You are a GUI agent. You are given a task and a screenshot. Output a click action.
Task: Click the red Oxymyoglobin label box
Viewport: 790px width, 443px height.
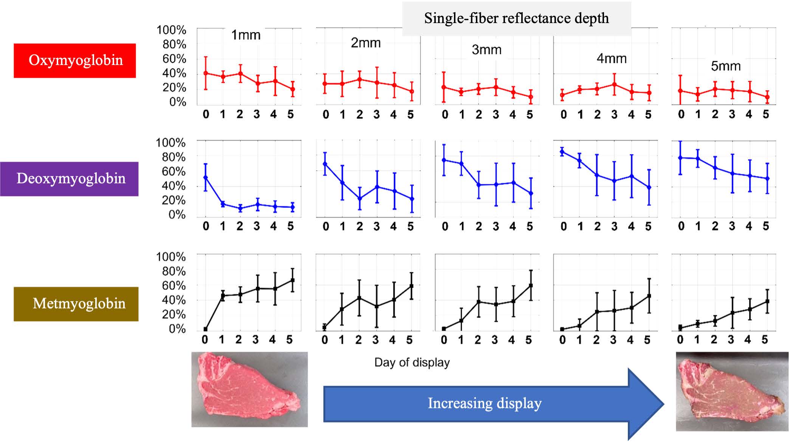click(x=75, y=60)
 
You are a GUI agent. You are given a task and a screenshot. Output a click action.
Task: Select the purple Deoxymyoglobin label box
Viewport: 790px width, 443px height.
click(x=70, y=179)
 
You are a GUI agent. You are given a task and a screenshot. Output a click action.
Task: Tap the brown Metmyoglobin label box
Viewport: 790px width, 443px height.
click(x=76, y=304)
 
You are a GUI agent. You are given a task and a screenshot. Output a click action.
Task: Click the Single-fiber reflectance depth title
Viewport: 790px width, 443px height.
click(x=516, y=19)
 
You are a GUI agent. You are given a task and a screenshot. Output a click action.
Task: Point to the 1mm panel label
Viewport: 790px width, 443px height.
click(x=246, y=35)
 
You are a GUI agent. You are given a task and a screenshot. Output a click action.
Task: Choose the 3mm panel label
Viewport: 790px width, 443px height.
click(x=486, y=50)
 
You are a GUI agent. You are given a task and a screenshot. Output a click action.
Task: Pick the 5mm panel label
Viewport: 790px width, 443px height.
click(x=725, y=66)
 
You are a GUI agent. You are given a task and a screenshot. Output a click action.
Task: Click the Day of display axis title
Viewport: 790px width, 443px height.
click(x=412, y=363)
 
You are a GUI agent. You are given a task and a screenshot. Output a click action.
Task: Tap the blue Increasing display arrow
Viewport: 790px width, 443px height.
click(x=491, y=403)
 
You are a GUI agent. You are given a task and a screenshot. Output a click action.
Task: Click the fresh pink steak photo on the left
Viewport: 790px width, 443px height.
click(x=249, y=389)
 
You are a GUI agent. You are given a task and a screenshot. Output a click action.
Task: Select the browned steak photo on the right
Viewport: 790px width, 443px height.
click(x=732, y=391)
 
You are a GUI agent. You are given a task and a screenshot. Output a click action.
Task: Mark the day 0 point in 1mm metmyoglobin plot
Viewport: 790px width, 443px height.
click(x=206, y=329)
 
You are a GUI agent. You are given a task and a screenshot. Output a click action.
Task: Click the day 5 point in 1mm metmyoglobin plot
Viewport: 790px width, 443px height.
click(x=292, y=280)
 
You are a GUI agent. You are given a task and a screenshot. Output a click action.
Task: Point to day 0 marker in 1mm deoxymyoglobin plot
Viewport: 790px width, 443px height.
click(x=206, y=177)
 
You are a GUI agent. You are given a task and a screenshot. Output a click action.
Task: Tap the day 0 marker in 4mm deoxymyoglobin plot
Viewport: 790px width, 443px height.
click(x=562, y=152)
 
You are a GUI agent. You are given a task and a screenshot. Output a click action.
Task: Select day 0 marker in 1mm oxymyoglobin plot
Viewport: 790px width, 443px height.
click(x=206, y=73)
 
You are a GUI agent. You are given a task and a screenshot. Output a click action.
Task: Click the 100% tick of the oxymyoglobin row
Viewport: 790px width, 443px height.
click(x=171, y=30)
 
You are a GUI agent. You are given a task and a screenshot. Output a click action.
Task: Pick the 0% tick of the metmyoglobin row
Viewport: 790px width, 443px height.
click(x=177, y=329)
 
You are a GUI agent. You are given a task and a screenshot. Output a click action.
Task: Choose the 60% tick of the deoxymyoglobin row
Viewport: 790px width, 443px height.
click(x=173, y=171)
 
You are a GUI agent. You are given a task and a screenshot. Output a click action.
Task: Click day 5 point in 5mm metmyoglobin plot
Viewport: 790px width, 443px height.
click(x=767, y=301)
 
